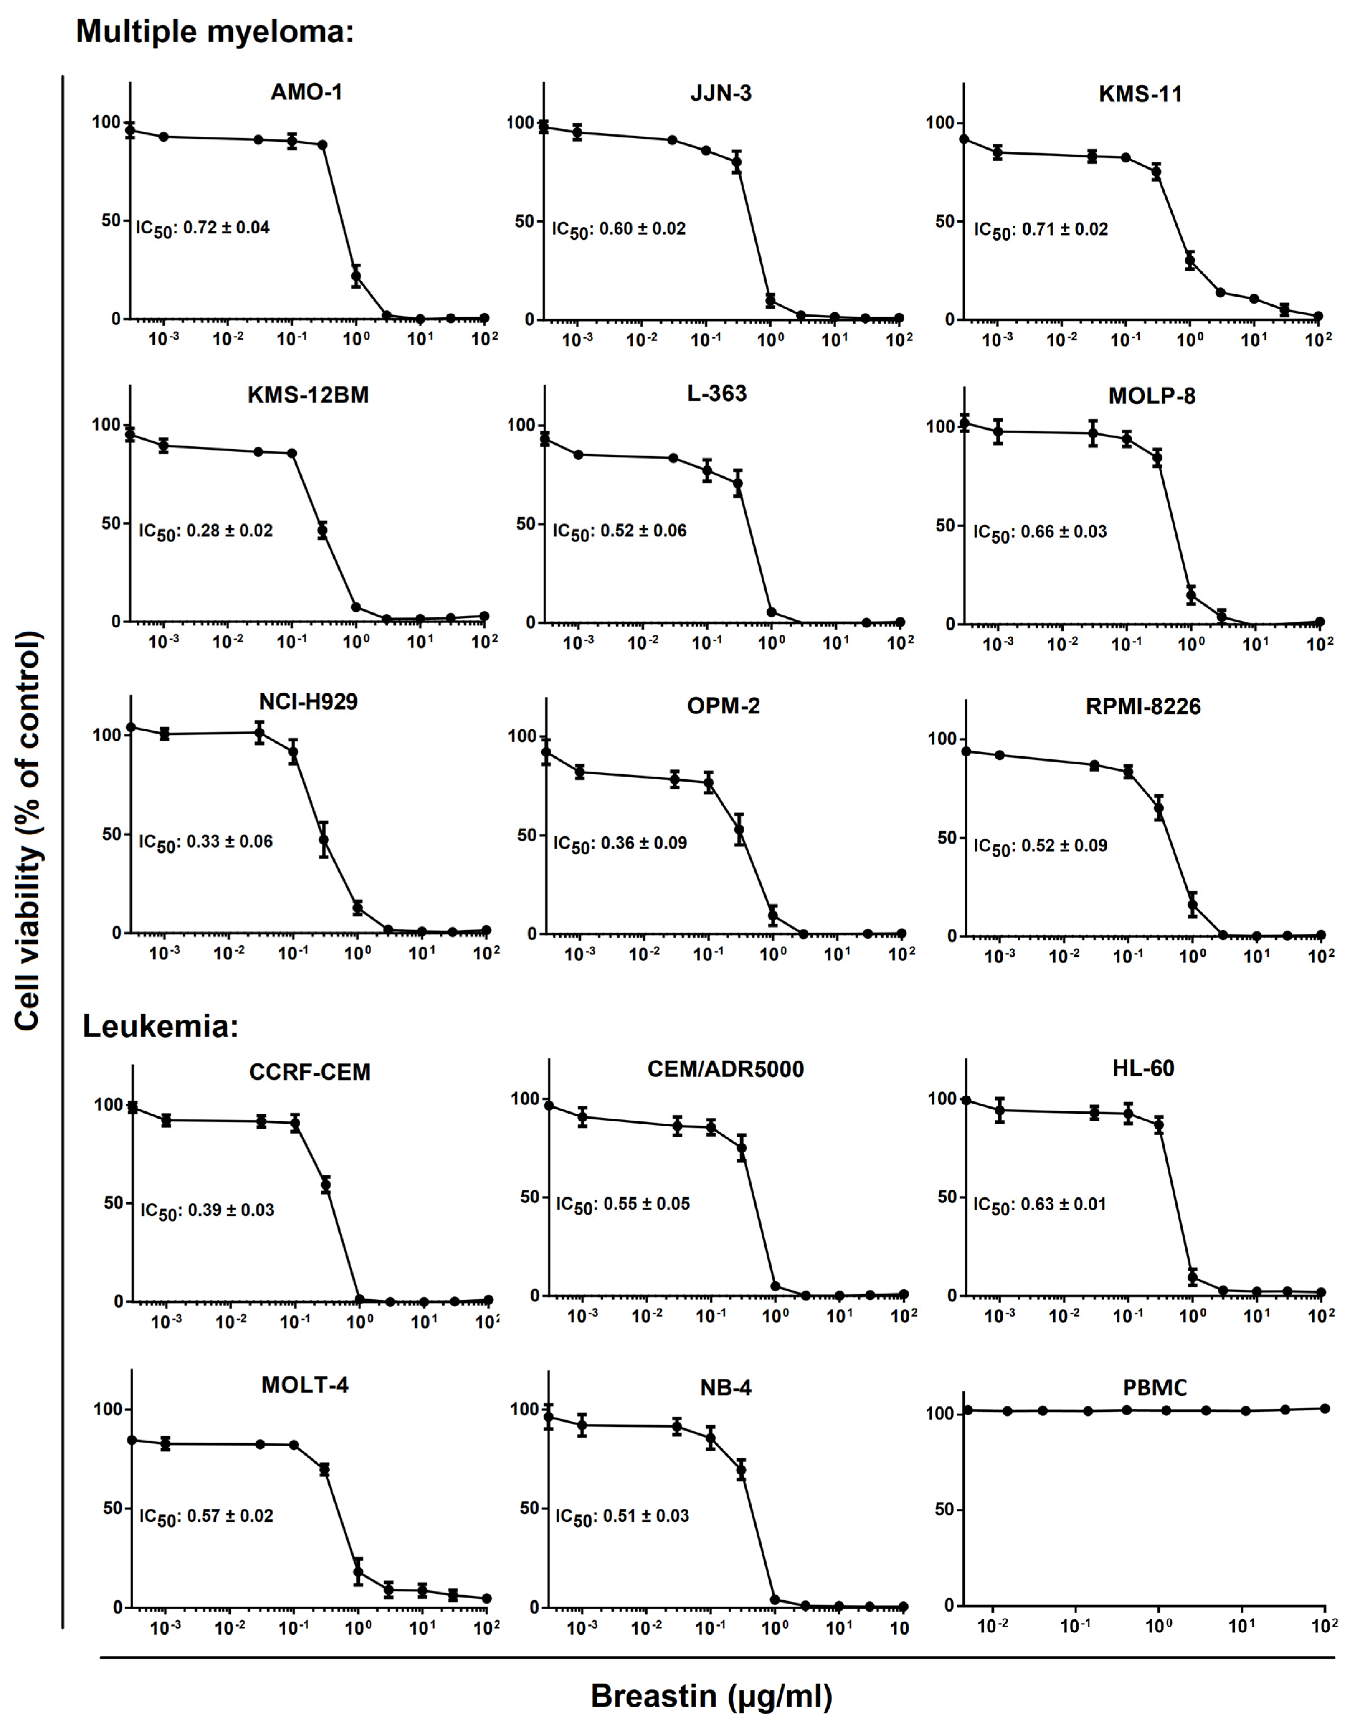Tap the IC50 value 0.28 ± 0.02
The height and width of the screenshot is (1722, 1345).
[x=206, y=531]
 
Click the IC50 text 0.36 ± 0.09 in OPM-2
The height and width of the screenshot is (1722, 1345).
[x=620, y=843]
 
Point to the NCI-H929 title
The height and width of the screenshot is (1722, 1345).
[x=308, y=702]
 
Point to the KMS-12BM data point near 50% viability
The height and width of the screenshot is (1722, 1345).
[x=322, y=531]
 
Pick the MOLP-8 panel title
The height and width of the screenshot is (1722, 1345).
[x=1152, y=396]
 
